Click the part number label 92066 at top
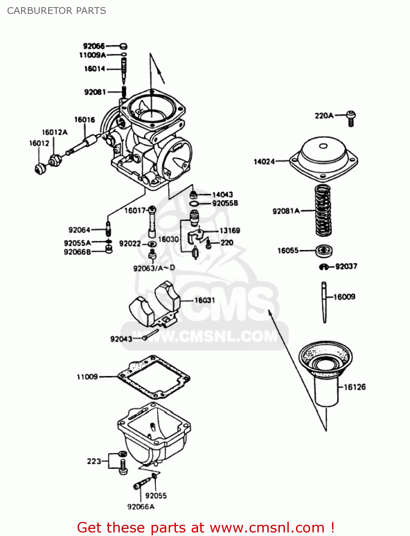[94, 46]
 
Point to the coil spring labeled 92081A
[323, 211]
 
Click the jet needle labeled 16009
[324, 302]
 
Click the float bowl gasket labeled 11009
[154, 377]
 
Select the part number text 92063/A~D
[154, 268]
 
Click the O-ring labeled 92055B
[194, 204]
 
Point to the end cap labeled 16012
[40, 168]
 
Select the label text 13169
[229, 230]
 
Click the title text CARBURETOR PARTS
[56, 11]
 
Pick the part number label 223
[94, 461]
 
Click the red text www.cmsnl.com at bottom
[267, 528]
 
